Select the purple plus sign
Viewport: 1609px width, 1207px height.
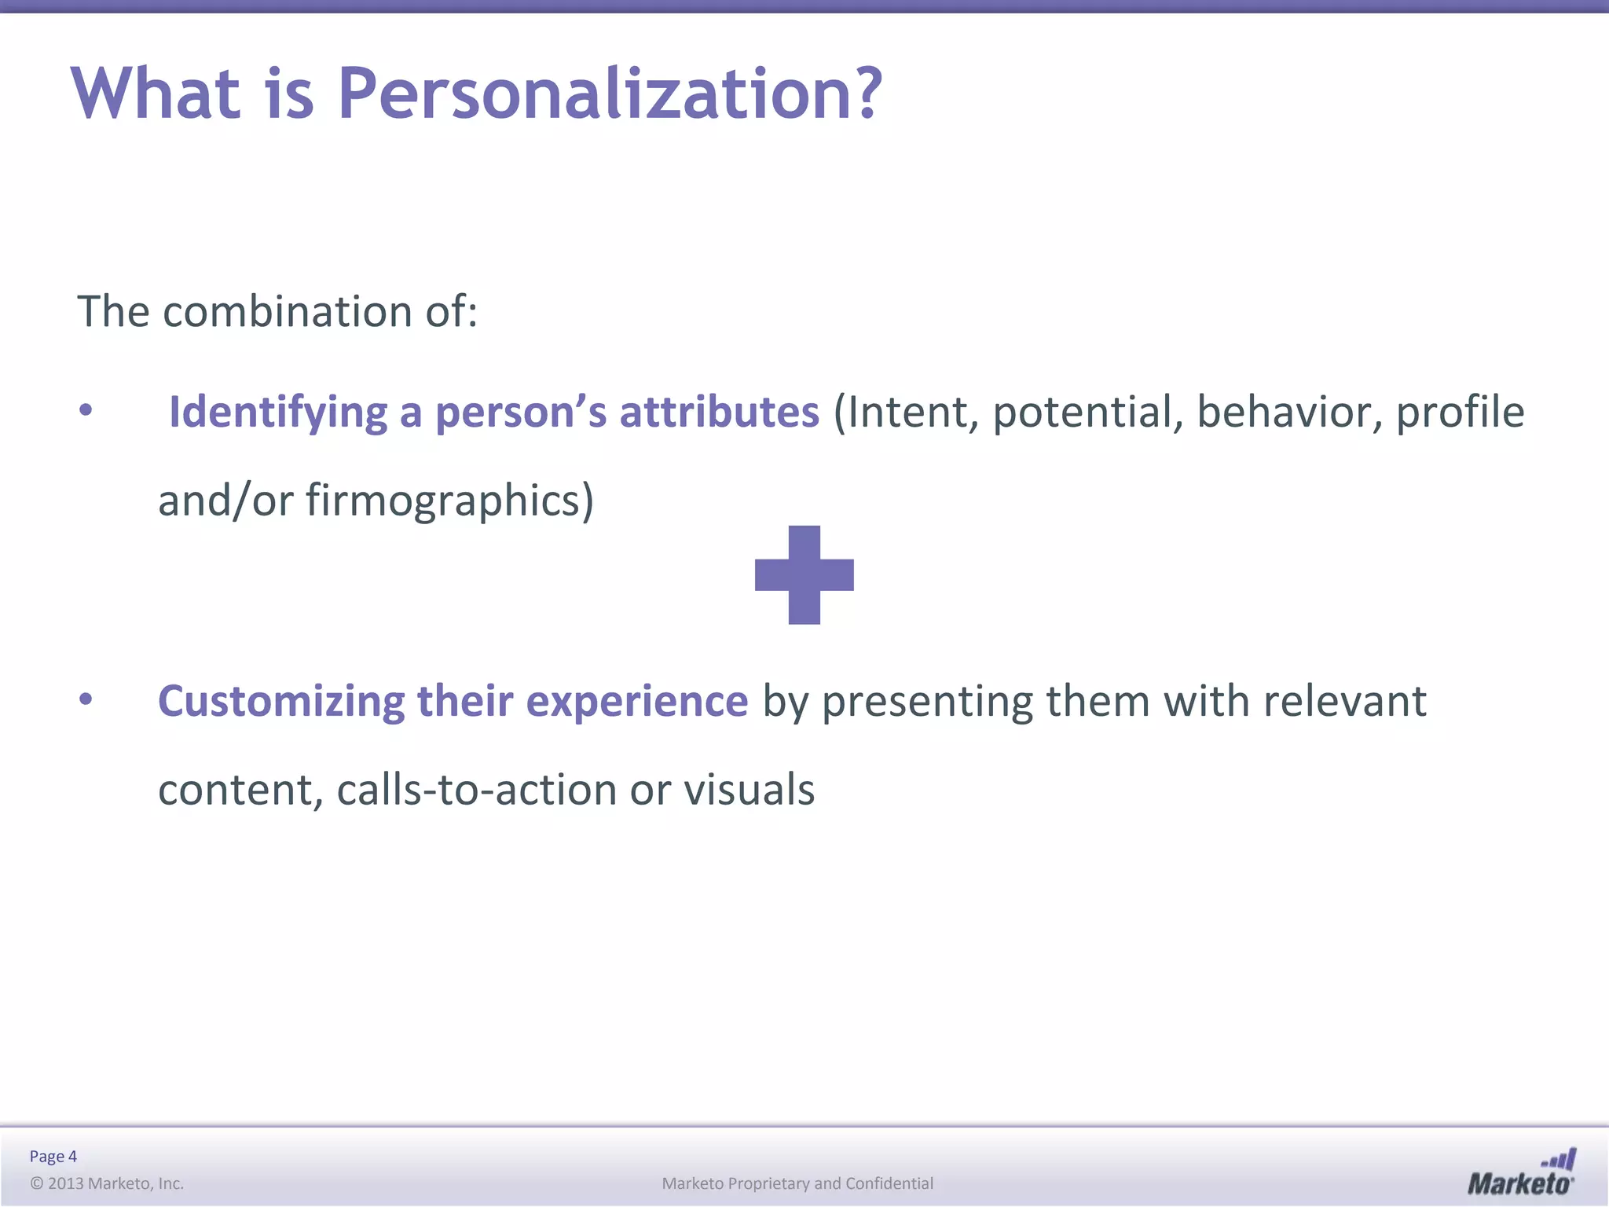point(804,574)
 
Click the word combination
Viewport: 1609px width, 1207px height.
point(288,312)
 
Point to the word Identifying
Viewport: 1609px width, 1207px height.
point(277,413)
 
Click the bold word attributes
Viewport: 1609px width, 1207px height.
point(719,413)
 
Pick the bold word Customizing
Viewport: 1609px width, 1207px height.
point(281,701)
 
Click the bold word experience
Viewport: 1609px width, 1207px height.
point(636,701)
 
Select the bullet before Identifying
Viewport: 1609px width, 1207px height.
point(86,409)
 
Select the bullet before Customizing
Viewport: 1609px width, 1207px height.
point(86,699)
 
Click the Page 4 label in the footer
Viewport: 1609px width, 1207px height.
point(53,1156)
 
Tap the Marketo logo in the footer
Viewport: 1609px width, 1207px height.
point(1520,1173)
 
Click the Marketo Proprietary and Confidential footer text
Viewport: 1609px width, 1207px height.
point(797,1183)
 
